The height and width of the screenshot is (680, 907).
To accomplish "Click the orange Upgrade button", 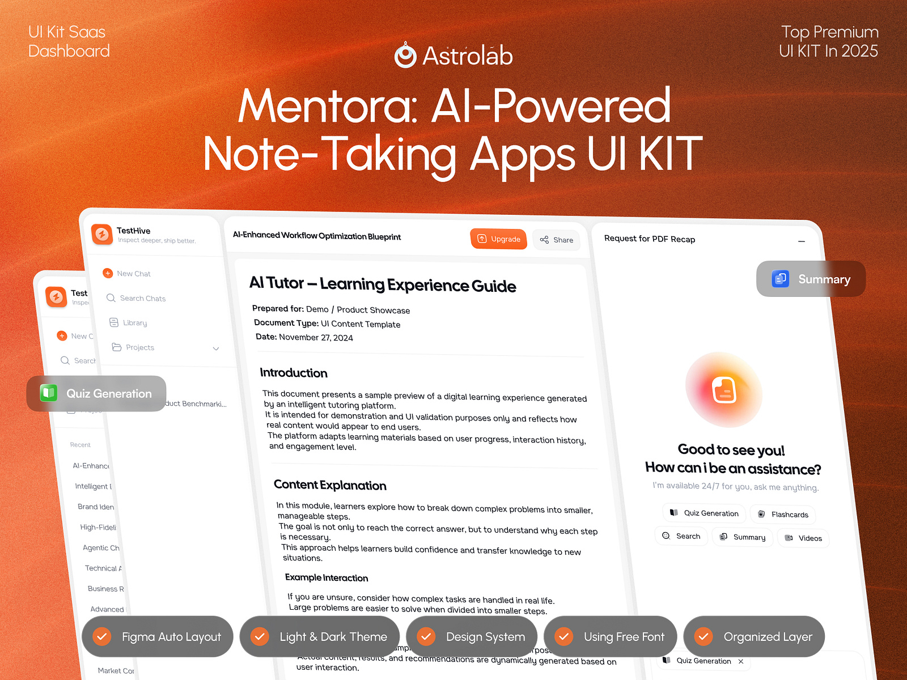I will (x=498, y=239).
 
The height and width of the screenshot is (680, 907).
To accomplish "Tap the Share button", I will (x=556, y=240).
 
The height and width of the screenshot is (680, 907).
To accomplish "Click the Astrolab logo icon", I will (x=405, y=56).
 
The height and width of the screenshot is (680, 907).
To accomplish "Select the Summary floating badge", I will (x=811, y=279).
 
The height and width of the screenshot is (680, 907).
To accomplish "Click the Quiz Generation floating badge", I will (x=96, y=393).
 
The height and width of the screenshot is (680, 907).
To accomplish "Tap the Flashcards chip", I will (x=783, y=515).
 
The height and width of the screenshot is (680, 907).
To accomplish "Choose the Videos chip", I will (x=803, y=538).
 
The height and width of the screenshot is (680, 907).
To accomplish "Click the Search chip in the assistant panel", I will (x=681, y=536).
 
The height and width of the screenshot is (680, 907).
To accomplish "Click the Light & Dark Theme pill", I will (x=320, y=636).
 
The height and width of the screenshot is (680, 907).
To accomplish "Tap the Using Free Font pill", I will (x=611, y=636).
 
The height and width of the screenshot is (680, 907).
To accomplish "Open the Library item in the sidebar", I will (x=134, y=323).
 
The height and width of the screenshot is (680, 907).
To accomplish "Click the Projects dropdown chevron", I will (x=216, y=348).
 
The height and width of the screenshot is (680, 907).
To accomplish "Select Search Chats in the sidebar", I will (x=142, y=299).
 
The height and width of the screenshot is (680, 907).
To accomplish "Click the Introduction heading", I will (x=294, y=373).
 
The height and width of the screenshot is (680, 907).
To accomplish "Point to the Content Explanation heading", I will (x=330, y=485).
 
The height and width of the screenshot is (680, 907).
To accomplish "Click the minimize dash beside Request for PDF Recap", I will (x=802, y=241).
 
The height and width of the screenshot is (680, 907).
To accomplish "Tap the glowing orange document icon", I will (x=724, y=390).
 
